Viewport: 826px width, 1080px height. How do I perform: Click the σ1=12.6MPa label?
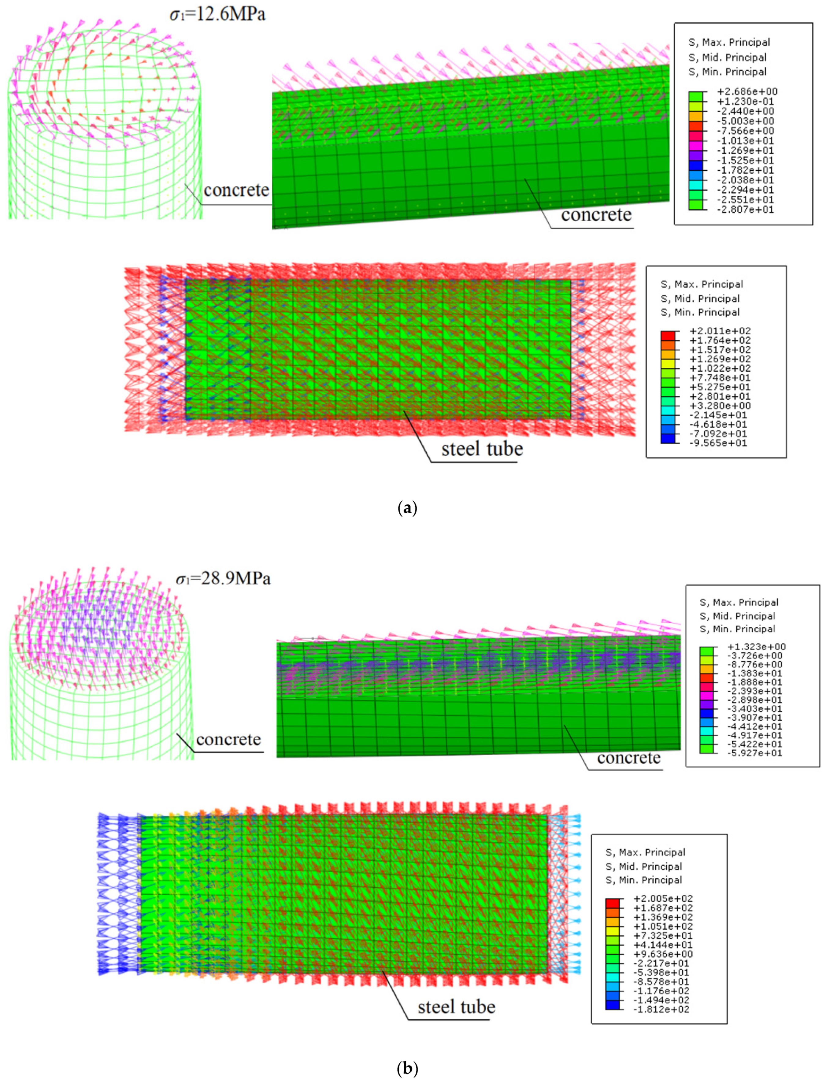click(x=218, y=14)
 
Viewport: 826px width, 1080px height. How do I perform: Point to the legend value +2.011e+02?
click(x=720, y=331)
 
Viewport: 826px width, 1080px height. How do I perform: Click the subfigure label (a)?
click(x=407, y=508)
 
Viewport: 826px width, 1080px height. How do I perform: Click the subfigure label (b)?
click(x=407, y=1068)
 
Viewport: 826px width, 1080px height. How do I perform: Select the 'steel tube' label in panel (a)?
click(x=482, y=449)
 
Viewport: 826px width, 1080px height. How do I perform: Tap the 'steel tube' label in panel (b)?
click(x=456, y=1007)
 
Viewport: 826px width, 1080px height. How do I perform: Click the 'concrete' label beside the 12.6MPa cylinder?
click(x=236, y=190)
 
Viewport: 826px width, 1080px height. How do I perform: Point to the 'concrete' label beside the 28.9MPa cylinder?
click(x=228, y=740)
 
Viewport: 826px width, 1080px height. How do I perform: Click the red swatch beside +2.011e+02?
click(x=668, y=336)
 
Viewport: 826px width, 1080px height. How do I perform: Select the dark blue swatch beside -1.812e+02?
click(x=612, y=1006)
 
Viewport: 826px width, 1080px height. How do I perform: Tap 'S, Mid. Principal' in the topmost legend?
click(x=727, y=57)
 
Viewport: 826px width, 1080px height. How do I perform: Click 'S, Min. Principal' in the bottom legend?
click(x=644, y=880)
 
